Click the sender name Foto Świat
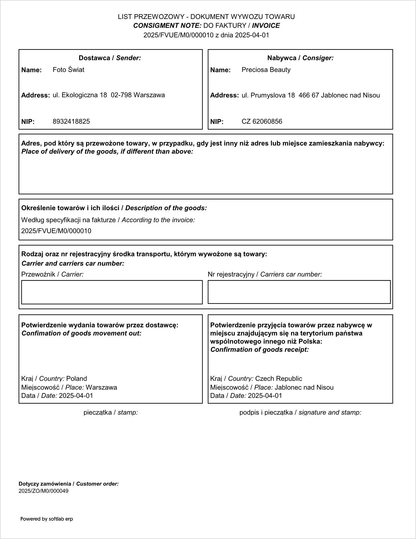click(x=68, y=70)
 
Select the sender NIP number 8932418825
click(x=71, y=121)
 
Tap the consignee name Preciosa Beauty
click(x=266, y=70)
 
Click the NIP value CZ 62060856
click(x=262, y=121)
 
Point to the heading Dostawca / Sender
click(x=110, y=58)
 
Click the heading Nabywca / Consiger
click(x=300, y=58)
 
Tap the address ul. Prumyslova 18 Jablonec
click(x=310, y=96)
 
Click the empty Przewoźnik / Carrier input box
click(x=112, y=292)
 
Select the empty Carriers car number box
click(x=299, y=292)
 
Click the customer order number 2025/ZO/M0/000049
click(x=43, y=491)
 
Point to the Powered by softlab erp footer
click(x=47, y=519)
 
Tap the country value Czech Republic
click(x=278, y=379)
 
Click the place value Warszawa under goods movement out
click(x=101, y=387)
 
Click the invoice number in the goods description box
click(x=56, y=231)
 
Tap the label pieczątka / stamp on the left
click(x=110, y=412)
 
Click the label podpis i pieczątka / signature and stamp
click(x=300, y=412)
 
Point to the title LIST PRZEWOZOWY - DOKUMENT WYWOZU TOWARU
click(x=206, y=17)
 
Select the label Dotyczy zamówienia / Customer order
click(x=69, y=484)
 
